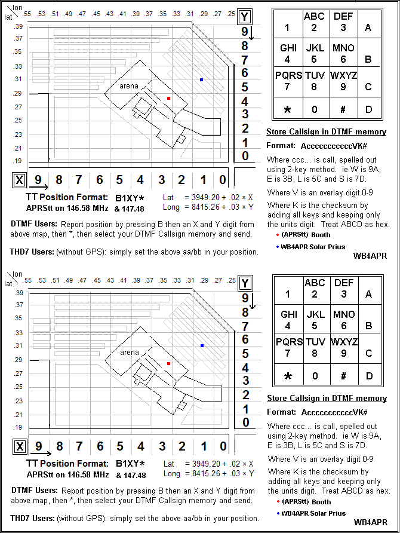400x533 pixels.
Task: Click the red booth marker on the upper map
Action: coord(169,97)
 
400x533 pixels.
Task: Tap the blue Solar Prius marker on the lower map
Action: coord(202,345)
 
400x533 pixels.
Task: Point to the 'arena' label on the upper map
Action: coord(129,86)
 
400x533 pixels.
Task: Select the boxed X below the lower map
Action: coord(20,446)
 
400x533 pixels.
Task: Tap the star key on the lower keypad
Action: coord(287,376)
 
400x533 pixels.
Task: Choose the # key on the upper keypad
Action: coord(343,109)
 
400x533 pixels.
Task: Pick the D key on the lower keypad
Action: coord(368,376)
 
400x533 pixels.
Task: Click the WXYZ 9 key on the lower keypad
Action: coord(343,347)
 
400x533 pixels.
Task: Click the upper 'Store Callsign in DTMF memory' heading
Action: coord(326,132)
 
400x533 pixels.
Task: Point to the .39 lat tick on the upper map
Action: coord(18,27)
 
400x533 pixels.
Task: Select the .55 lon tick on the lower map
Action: coord(27,280)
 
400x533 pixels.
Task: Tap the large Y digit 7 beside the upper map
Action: coord(245,60)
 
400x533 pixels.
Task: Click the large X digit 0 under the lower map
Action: coord(222,446)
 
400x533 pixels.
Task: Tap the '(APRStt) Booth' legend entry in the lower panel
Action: coord(306,501)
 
